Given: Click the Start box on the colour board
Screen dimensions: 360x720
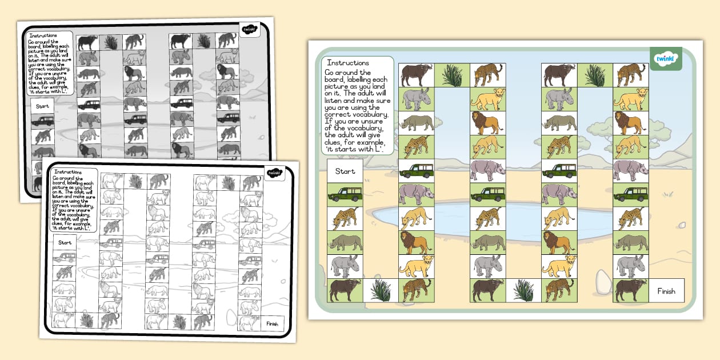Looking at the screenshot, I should click(x=345, y=171).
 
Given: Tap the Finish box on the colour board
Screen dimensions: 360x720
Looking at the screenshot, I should click(x=666, y=291).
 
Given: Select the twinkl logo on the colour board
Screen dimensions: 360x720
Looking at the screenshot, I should click(x=666, y=59).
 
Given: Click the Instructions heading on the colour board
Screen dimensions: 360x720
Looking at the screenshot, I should click(x=347, y=63).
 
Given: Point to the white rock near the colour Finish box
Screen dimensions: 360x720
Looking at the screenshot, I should click(x=603, y=281).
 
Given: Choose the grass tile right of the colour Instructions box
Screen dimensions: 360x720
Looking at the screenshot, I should click(x=452, y=75).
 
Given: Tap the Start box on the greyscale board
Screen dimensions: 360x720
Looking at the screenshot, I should click(x=42, y=106).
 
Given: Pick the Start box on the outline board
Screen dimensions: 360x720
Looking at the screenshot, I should click(x=65, y=242).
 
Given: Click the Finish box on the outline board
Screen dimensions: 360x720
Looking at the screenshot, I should click(x=272, y=324).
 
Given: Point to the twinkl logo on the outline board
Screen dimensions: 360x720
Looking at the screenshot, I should click(x=274, y=173).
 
